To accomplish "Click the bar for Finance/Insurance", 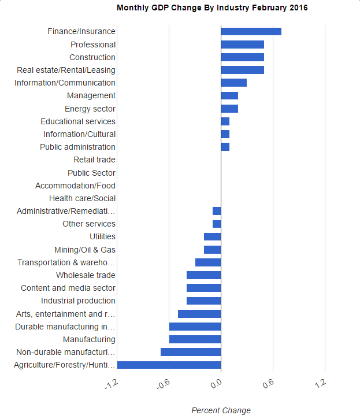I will pyautogui.click(x=251, y=31).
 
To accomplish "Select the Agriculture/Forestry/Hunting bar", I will pyautogui.click(x=169, y=365).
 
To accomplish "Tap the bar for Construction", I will pyautogui.click(x=242, y=57).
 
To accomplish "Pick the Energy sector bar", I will pyautogui.click(x=229, y=109).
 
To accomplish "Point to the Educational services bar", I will pyautogui.click(x=225, y=121).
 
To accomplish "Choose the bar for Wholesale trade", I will pyautogui.click(x=203, y=275).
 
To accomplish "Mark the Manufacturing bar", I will pyautogui.click(x=195, y=339).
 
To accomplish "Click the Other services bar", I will pyautogui.click(x=217, y=224).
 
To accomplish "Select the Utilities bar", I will pyautogui.click(x=212, y=236).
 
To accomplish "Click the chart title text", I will pyautogui.click(x=212, y=8).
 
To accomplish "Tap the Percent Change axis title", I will pyautogui.click(x=221, y=410).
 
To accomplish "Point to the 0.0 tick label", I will pyautogui.click(x=216, y=383).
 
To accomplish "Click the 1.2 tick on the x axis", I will pyautogui.click(x=321, y=383).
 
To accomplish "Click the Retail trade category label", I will pyautogui.click(x=94, y=160).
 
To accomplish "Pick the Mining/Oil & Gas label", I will pyautogui.click(x=84, y=250).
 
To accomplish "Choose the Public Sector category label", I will pyautogui.click(x=91, y=173).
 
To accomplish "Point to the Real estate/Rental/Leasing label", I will pyautogui.click(x=66, y=70).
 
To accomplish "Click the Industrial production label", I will pyautogui.click(x=78, y=301).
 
